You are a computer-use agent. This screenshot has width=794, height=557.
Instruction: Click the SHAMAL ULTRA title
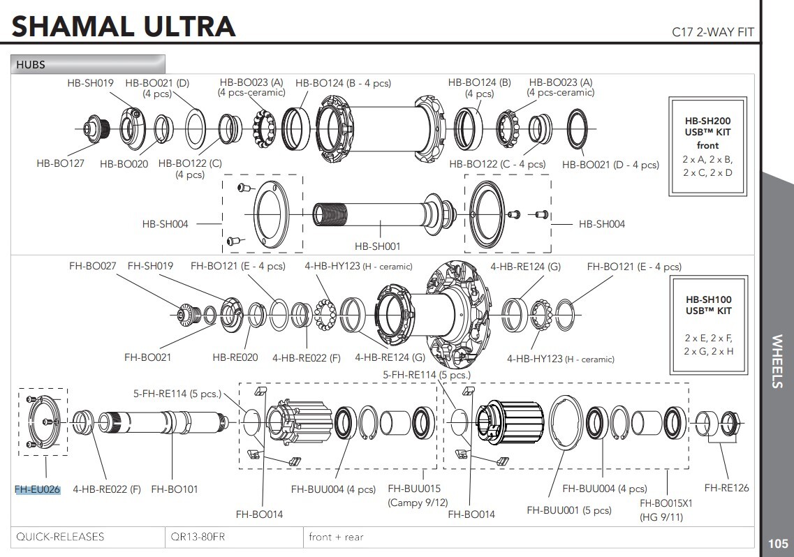coord(124,26)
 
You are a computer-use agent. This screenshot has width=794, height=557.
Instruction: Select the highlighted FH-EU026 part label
coord(38,489)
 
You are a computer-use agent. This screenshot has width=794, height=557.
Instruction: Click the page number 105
coord(777,544)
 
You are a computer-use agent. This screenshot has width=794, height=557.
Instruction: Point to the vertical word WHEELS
coord(777,361)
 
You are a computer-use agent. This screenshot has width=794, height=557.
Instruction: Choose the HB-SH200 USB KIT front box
coord(707,146)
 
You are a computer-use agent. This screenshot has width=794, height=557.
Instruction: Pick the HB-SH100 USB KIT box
coord(707,325)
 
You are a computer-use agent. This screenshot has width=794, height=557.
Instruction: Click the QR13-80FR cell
coord(198,537)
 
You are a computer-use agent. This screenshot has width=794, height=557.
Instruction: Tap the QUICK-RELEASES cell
coord(60,537)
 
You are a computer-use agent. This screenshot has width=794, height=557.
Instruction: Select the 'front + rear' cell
coord(336,537)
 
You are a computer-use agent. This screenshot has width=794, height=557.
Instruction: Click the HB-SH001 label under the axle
coord(377,246)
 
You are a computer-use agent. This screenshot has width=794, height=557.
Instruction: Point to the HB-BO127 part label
coord(60,163)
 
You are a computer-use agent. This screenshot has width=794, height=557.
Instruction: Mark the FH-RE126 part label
coord(726,488)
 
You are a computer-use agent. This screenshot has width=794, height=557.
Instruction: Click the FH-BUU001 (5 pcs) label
coord(568,510)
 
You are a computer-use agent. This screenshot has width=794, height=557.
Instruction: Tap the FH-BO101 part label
coord(174,489)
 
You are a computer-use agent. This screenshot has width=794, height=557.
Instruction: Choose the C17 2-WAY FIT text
coord(712,31)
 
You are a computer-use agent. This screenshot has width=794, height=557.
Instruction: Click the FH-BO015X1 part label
coord(666,503)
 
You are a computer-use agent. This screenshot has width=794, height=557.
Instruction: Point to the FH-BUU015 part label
coord(413,489)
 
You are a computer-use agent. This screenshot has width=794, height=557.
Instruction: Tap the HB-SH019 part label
coord(90,82)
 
